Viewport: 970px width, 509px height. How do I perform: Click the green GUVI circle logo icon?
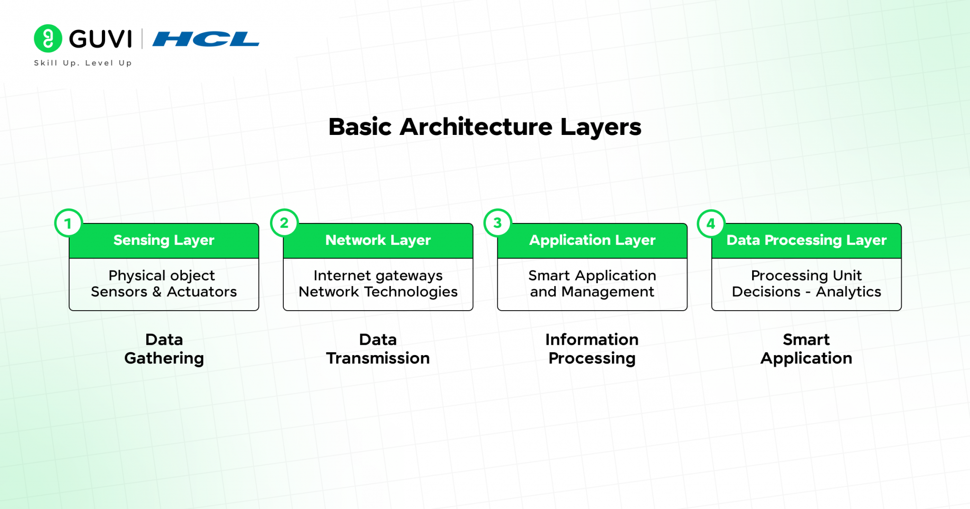point(48,38)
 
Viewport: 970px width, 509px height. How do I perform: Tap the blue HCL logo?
point(206,39)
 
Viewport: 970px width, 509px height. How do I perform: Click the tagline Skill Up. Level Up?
point(83,63)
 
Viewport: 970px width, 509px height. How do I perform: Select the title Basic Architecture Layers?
point(485,127)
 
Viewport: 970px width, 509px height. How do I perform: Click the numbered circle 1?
point(69,223)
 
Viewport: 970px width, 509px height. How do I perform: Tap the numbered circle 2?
point(284,223)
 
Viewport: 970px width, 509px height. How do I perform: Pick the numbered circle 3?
point(497,223)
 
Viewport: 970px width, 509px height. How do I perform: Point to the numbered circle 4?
point(711,223)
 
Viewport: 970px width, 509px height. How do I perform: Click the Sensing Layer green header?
point(164,241)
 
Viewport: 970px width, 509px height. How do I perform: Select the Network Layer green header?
point(378,241)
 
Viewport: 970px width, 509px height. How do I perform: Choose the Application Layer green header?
point(592,241)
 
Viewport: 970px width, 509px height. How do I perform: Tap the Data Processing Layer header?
point(806,241)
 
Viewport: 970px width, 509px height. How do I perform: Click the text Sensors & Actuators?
point(164,292)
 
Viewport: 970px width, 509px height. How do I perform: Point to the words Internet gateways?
point(378,275)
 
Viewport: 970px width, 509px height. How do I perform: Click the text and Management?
point(592,292)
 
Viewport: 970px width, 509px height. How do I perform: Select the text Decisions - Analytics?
point(806,292)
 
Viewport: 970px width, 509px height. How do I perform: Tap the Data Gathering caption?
point(164,349)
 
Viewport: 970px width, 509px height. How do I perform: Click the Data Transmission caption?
point(378,349)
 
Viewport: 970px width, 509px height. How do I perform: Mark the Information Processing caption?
point(592,349)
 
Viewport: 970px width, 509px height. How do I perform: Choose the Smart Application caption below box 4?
point(806,349)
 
